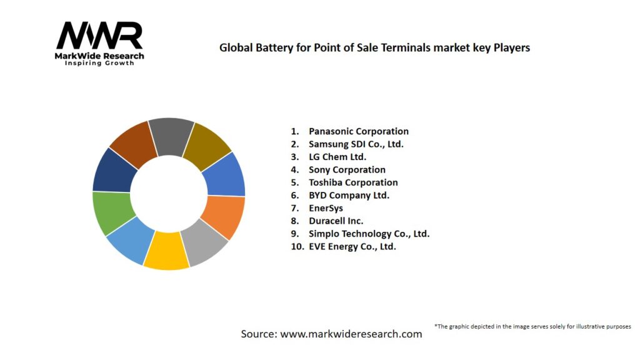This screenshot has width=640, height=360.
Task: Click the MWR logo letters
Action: [x=99, y=36]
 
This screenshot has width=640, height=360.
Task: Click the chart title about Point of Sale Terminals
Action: [x=374, y=47]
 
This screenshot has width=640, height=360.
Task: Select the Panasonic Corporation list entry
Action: [x=358, y=131]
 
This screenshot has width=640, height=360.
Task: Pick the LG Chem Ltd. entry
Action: [x=337, y=157]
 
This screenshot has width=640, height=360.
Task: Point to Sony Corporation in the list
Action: [x=347, y=169]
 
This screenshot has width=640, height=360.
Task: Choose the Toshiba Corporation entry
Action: [x=353, y=182]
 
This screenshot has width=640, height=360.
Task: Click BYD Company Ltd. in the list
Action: [x=349, y=195]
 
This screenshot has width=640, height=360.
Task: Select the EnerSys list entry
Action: [x=326, y=208]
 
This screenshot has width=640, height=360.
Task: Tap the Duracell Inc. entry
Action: [x=336, y=221]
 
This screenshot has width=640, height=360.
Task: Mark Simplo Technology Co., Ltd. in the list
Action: [x=369, y=234]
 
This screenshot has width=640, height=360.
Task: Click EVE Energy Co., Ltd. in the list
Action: [x=352, y=246]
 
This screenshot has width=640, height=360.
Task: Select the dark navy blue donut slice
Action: [x=114, y=169]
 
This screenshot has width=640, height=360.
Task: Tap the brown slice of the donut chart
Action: [x=133, y=142]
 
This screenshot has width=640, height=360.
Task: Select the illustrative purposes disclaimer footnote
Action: [x=532, y=326]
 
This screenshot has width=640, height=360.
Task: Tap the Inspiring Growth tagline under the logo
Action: [x=99, y=63]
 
